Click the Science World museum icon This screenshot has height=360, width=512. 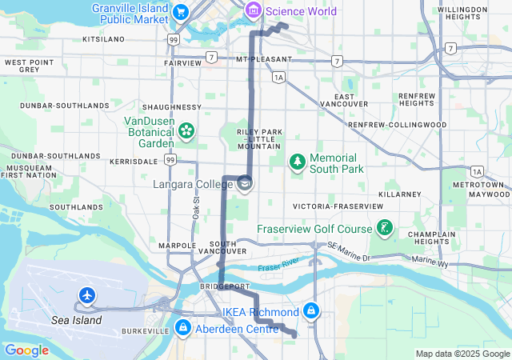click(x=254, y=10)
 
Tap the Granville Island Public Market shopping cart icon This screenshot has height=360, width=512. click(x=181, y=12)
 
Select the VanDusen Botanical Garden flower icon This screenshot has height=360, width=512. click(x=186, y=129)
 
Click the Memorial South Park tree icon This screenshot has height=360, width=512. click(x=298, y=162)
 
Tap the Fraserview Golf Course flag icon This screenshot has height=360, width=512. click(x=385, y=229)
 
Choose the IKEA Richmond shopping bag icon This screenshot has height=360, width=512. click(x=310, y=310)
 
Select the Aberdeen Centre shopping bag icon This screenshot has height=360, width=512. click(x=183, y=328)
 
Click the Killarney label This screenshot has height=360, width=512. click(x=400, y=194)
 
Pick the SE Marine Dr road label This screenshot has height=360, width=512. click(x=350, y=254)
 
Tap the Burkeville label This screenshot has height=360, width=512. click(x=147, y=330)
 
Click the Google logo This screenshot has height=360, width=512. click(x=26, y=350)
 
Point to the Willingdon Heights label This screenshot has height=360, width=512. click(x=463, y=14)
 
